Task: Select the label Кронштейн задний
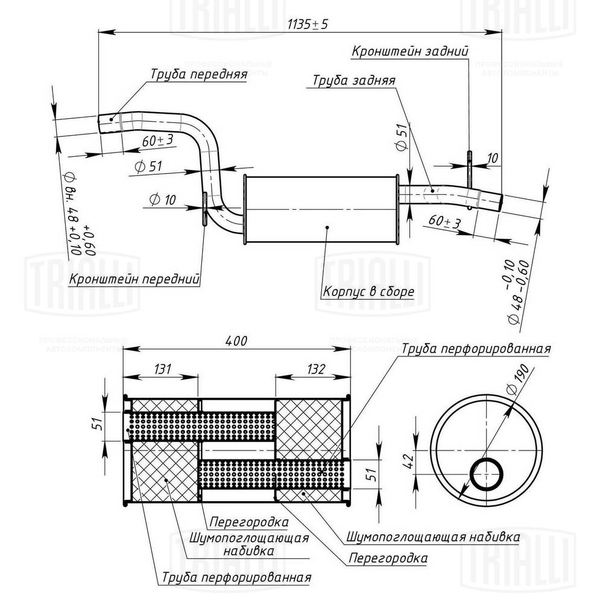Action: pyautogui.click(x=410, y=51)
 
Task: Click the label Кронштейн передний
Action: pyautogui.click(x=135, y=279)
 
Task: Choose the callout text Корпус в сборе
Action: pyautogui.click(x=368, y=292)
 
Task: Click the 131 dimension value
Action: pyautogui.click(x=162, y=368)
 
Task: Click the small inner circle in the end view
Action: pyautogui.click(x=486, y=473)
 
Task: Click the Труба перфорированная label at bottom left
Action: pyautogui.click(x=236, y=577)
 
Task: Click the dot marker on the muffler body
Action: pyautogui.click(x=327, y=227)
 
